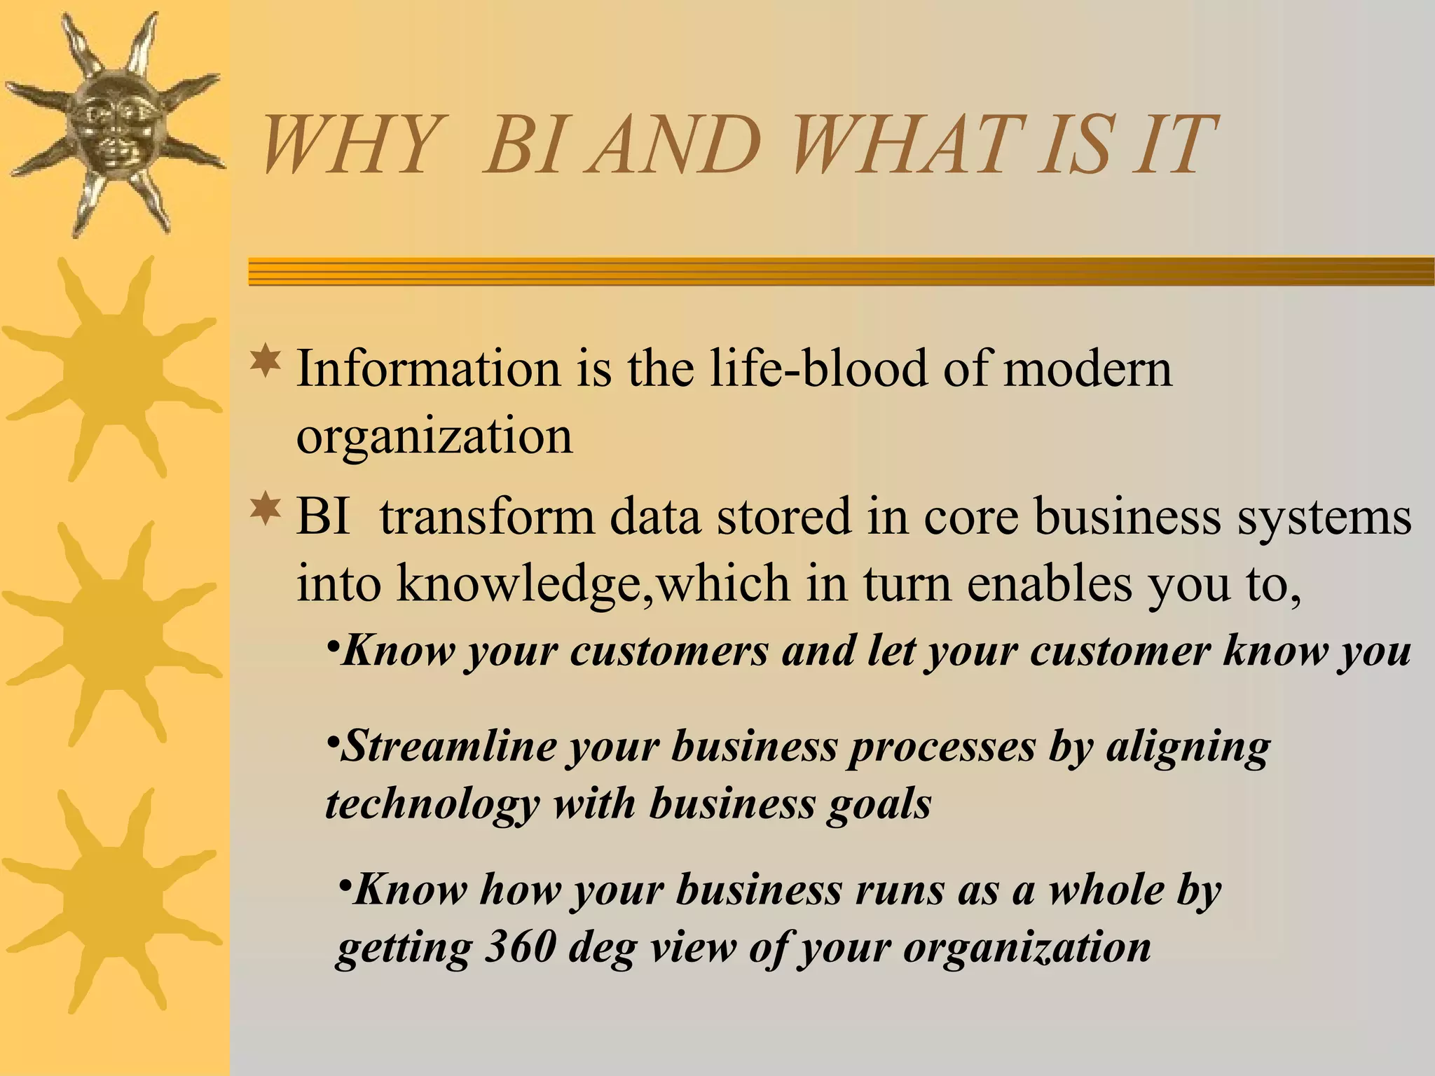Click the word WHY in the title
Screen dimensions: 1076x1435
click(x=347, y=146)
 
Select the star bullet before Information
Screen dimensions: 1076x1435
click(x=266, y=362)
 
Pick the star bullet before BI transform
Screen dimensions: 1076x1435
click(x=266, y=510)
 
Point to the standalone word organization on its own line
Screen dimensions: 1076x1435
click(x=434, y=436)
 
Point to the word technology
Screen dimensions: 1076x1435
click(x=432, y=803)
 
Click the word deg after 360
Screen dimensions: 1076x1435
click(x=602, y=949)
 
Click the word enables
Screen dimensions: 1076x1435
click(x=1049, y=583)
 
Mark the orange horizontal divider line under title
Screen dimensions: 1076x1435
click(x=841, y=271)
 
